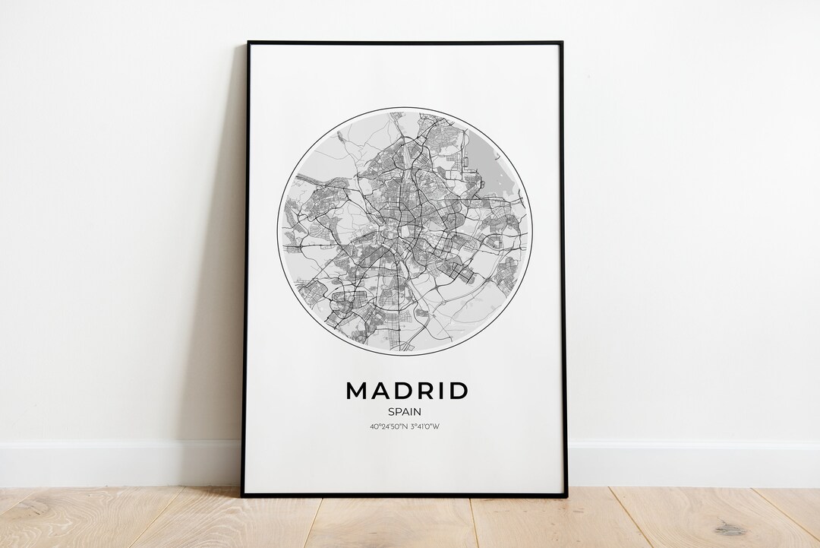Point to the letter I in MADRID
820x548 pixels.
click(441, 391)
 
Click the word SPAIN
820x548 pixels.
click(405, 411)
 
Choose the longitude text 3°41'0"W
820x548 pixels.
click(424, 426)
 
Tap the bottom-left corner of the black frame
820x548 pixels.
click(243, 495)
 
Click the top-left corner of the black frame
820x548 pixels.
click(248, 43)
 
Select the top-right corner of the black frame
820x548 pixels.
click(561, 43)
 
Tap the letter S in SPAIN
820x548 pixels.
click(390, 411)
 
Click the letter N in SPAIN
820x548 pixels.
click(418, 411)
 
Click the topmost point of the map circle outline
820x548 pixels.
click(405, 107)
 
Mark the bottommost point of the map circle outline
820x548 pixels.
click(405, 354)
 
